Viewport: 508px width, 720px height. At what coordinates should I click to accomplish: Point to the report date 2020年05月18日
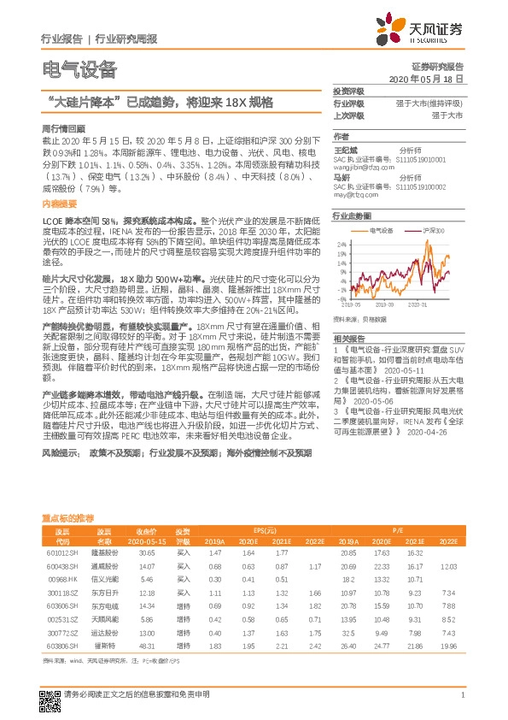[429, 78]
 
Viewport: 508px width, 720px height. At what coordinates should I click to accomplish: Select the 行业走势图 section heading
[353, 216]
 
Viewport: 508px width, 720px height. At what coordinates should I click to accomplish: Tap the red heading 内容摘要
[58, 205]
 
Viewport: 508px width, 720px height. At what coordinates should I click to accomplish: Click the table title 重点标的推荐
[69, 518]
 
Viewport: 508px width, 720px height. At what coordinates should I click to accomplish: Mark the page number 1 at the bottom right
[462, 694]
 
